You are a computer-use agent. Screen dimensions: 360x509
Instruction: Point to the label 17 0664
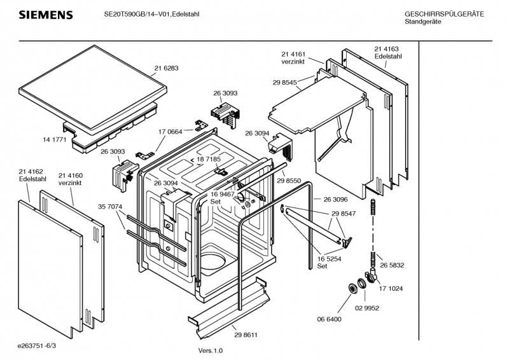point(171,132)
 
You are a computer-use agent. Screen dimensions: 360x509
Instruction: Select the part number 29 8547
point(344,215)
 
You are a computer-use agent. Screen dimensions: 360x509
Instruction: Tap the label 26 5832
point(393,265)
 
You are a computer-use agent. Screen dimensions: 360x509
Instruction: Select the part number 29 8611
point(246,335)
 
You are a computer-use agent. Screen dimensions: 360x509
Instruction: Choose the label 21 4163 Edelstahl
point(387,53)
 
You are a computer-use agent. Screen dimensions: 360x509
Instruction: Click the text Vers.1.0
point(210,350)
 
